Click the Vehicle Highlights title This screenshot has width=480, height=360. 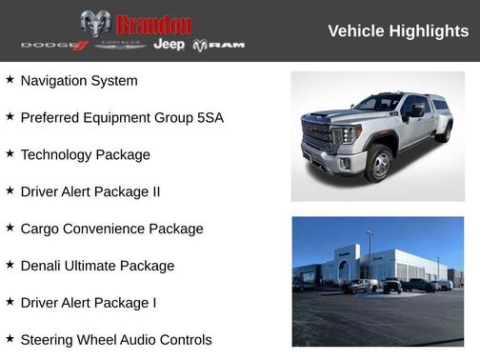point(398,30)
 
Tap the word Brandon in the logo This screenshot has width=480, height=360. point(153,25)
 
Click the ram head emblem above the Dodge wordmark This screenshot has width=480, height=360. point(95,23)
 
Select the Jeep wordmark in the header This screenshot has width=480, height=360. point(169,45)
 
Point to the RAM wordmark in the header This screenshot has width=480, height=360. point(220,45)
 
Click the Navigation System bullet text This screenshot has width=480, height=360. point(79,81)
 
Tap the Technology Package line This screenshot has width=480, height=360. point(85,154)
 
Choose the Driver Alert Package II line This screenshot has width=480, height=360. point(90,191)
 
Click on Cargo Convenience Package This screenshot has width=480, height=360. point(111,229)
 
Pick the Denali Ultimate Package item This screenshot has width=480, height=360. point(97,266)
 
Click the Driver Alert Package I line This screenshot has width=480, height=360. point(89,303)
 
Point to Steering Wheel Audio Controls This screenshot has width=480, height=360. point(116,340)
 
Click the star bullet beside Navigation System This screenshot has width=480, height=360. point(10,80)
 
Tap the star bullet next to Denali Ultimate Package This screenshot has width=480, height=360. point(10,265)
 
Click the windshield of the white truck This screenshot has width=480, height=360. point(378,103)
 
